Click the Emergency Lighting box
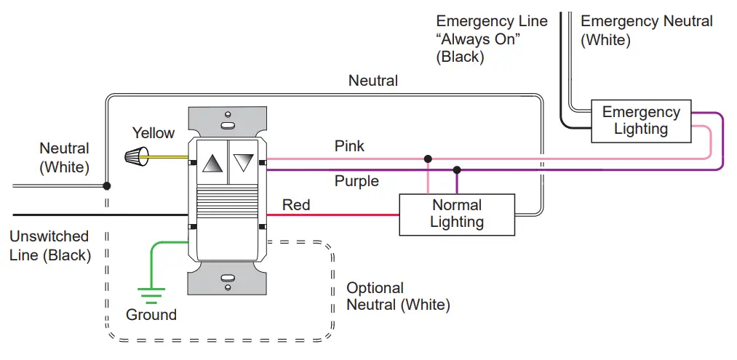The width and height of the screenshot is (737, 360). [640, 121]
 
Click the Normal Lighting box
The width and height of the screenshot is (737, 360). [456, 214]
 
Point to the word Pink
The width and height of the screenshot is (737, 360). [349, 146]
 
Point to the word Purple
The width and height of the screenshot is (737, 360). [356, 181]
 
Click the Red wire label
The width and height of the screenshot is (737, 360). [296, 205]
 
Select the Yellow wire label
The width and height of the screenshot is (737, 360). [153, 133]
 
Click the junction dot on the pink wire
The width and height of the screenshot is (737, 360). [428, 158]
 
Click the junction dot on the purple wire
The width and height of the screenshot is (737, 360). [457, 169]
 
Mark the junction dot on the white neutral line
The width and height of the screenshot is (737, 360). [107, 186]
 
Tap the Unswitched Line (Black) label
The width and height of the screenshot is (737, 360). [49, 246]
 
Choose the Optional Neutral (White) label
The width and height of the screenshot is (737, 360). [397, 297]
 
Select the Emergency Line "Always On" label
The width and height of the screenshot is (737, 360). [491, 39]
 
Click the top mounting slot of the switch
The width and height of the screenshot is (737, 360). [227, 115]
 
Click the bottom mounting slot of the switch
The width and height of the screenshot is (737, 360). [227, 277]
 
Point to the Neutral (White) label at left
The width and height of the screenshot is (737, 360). [64, 158]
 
